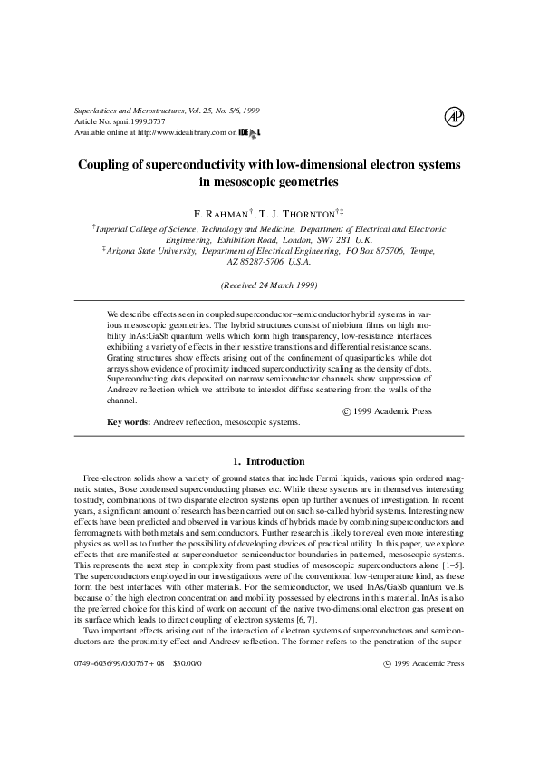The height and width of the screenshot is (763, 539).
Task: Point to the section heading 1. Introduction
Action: (269, 461)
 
